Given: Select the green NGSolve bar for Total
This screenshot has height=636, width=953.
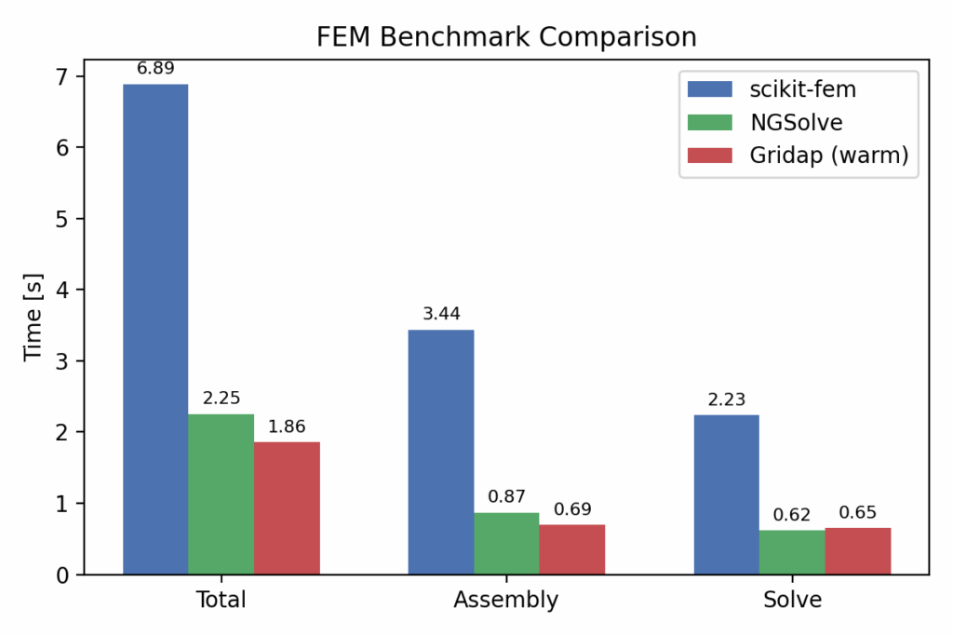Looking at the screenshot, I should [x=221, y=494].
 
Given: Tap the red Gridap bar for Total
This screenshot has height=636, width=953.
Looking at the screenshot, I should [x=287, y=507].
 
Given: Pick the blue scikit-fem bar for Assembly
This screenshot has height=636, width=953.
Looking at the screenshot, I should [x=441, y=452].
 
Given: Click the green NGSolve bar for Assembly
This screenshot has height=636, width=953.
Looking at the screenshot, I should [x=506, y=543].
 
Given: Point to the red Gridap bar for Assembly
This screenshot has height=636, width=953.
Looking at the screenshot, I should [x=572, y=549].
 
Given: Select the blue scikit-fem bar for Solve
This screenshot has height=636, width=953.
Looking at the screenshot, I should [x=726, y=494].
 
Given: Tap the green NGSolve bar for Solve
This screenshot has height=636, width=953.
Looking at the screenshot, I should [x=792, y=552].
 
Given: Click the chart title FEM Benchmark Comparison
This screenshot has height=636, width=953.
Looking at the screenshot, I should [x=506, y=37].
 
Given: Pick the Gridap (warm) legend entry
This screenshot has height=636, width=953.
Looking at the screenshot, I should [x=827, y=155].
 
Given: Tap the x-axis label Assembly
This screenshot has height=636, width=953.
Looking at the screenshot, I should [x=506, y=600].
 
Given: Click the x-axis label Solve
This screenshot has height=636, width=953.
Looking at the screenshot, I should [x=792, y=600].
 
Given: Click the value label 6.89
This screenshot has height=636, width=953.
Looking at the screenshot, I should [x=155, y=67].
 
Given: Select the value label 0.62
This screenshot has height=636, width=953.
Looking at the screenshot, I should [x=792, y=515].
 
